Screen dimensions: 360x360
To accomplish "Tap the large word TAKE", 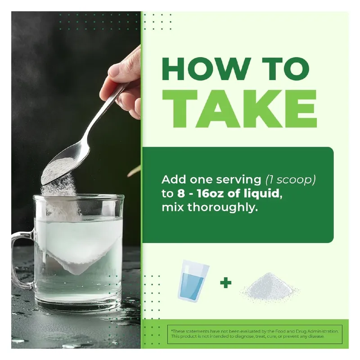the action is coord(239,109).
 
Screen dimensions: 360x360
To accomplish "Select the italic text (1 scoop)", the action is coord(290,180).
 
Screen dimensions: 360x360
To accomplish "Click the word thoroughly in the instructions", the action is coord(221,208).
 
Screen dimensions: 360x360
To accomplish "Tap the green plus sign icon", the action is coord(226,283).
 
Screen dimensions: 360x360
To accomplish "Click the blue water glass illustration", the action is coord(193,280).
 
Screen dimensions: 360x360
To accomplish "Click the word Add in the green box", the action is coord(174,179).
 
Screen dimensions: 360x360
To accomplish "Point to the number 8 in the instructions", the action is coord(181,193).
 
